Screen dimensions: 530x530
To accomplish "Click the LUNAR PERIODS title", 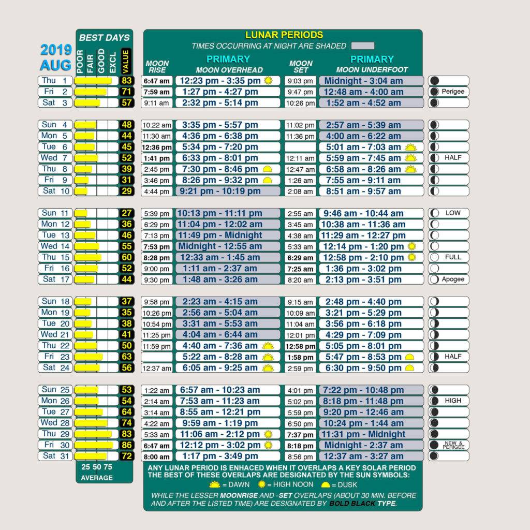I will click(x=284, y=35).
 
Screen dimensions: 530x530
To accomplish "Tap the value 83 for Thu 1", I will click(x=126, y=81).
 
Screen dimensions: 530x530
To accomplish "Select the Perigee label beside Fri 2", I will click(x=453, y=92).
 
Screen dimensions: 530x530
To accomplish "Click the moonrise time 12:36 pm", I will click(x=157, y=147).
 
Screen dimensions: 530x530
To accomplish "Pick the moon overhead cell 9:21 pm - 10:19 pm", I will click(x=228, y=191).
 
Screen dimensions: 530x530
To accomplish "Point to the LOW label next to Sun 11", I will click(x=453, y=213).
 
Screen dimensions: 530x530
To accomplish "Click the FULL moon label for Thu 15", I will click(x=453, y=257).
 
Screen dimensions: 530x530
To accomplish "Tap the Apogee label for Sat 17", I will click(x=453, y=279).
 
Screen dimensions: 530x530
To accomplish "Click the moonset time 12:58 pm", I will click(x=300, y=346).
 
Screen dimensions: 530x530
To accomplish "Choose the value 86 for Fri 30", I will click(x=126, y=445).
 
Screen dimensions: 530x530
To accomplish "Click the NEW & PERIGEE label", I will click(x=453, y=445).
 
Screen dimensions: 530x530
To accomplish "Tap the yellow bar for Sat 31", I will click(x=91, y=456).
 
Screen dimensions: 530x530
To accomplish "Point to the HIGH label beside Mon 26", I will click(x=453, y=401).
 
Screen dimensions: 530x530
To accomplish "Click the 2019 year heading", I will click(x=56, y=51).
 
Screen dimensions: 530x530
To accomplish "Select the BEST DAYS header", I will click(x=104, y=38).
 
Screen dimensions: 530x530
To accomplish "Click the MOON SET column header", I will click(x=301, y=67).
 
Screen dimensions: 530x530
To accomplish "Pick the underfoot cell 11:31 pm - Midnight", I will click(x=365, y=434).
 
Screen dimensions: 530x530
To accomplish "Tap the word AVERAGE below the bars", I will click(x=96, y=478).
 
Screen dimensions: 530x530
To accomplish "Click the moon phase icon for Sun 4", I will click(x=434, y=125).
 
